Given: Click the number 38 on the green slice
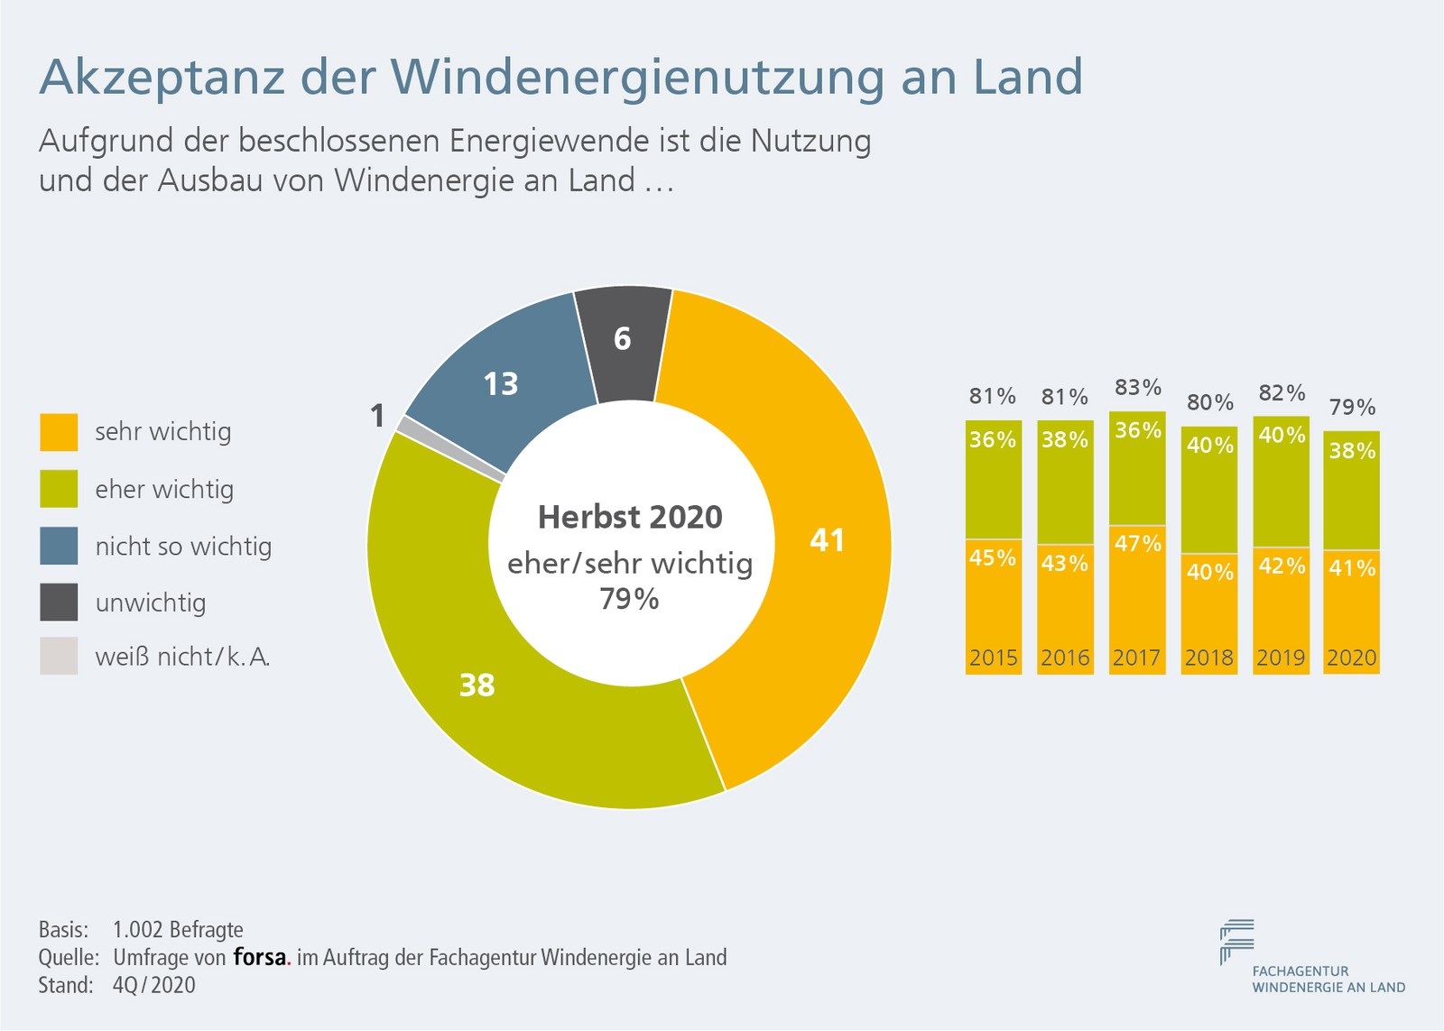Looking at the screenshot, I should click(x=477, y=686).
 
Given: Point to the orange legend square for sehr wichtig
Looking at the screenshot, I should click(x=59, y=432).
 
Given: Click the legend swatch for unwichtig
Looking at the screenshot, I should click(x=59, y=603).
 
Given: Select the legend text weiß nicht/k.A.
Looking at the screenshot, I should click(x=182, y=657).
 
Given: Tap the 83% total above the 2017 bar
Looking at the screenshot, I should click(x=1137, y=388).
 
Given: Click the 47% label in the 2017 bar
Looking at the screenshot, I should click(x=1137, y=544).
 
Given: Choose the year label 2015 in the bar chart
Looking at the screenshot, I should click(x=993, y=658).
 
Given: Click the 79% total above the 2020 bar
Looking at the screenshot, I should click(x=1352, y=408).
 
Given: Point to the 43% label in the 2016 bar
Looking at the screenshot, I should click(x=1065, y=564).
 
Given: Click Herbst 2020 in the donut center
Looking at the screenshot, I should click(x=630, y=518).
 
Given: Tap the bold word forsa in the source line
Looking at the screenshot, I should click(x=260, y=957).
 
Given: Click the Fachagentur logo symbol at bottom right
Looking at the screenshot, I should click(x=1236, y=940).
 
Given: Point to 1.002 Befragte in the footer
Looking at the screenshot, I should click(x=178, y=930).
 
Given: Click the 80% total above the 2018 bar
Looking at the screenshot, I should click(x=1209, y=402).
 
